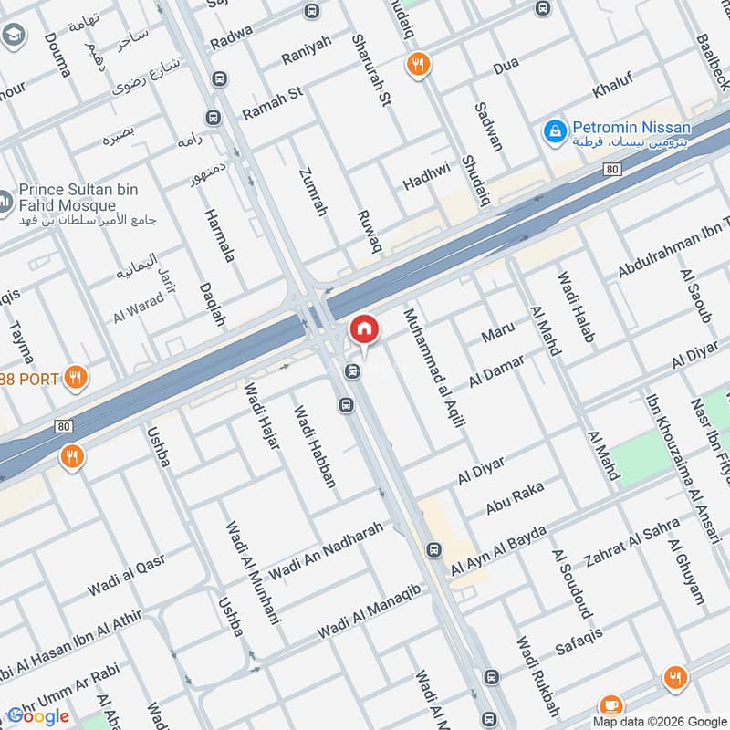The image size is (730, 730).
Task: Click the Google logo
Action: point(38,716)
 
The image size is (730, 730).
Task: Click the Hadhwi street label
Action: point(427,177)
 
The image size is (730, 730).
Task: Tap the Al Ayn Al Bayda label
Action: point(498,550)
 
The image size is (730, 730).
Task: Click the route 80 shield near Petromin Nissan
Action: point(611,170)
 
